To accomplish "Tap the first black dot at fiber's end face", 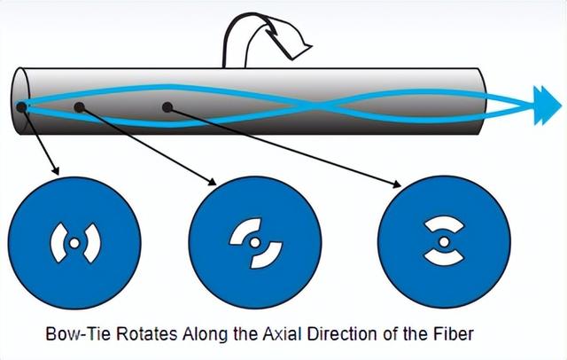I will (x=20, y=108).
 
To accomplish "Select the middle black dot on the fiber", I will (x=80, y=107).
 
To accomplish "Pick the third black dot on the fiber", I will (x=165, y=107).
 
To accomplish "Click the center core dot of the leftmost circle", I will (x=75, y=241).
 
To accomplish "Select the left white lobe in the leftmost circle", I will (x=58, y=241).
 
